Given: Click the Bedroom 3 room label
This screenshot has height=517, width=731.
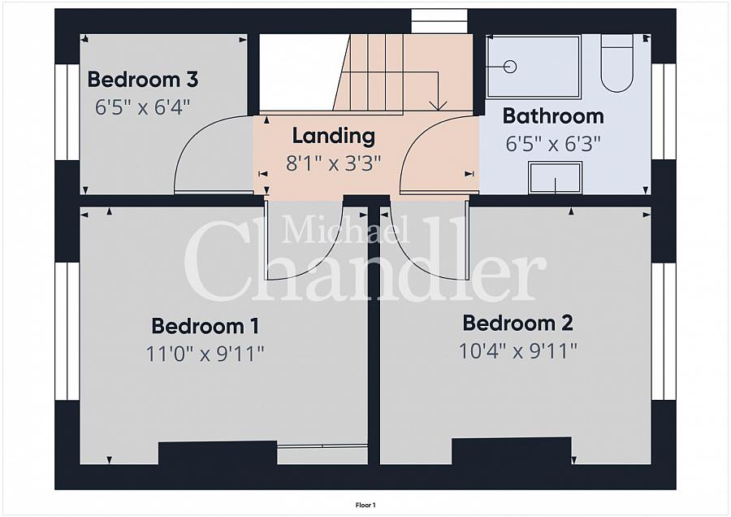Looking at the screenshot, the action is coord(143,80).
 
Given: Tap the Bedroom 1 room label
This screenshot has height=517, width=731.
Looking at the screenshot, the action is coord(205,326).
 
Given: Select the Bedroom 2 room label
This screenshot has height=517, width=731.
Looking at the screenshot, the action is coord(517,323).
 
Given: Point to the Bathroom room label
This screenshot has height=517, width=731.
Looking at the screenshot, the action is coord(553,115).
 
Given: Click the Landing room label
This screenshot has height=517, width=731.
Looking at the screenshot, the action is coord(333,137).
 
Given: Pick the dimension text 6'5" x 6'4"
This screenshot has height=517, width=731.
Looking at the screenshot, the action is coord(143,107).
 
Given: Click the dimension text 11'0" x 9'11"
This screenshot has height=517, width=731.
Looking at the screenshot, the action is coord(205,354).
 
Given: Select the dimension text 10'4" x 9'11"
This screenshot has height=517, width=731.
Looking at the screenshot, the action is coord(518,351).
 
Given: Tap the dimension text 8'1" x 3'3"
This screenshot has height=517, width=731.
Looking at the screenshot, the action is coord(333,163).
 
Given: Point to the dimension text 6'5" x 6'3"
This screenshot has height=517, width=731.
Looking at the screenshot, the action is coord(553,144).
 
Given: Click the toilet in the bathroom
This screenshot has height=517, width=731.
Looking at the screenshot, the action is coord(616,63).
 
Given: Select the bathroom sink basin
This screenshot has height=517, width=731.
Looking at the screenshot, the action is coord(555,177).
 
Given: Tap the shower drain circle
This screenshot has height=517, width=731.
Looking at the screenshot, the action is coord(511,67).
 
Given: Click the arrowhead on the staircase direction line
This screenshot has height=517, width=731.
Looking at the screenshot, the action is coord(438,106).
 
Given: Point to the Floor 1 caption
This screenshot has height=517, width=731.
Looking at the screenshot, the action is coord(365,505).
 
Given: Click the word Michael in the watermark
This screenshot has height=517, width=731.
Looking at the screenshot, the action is coord(345,230).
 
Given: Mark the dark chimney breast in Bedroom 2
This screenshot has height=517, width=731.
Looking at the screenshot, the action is coord(512,450).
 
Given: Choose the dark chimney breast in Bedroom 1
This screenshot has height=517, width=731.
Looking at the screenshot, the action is coord(218,453).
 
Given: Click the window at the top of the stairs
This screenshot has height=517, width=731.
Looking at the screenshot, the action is coord(439,21).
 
